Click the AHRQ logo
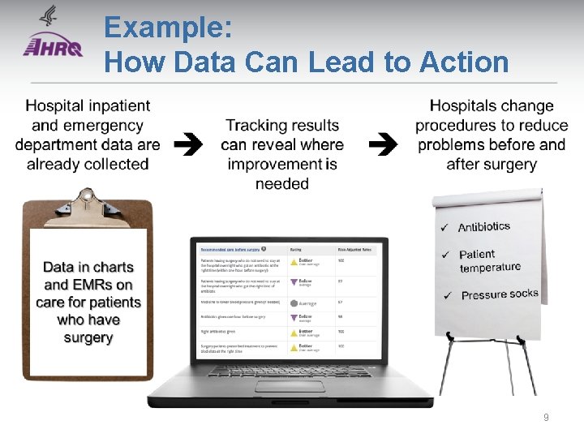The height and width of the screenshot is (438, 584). (53, 40)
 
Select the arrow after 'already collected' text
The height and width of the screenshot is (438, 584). (189, 144)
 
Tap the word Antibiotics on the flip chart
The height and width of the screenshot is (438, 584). (484, 227)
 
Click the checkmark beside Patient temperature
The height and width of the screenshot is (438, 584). (445, 255)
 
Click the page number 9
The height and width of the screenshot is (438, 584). (546, 417)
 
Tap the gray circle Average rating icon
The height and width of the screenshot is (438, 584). (293, 303)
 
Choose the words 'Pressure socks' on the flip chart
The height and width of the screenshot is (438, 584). (500, 294)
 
